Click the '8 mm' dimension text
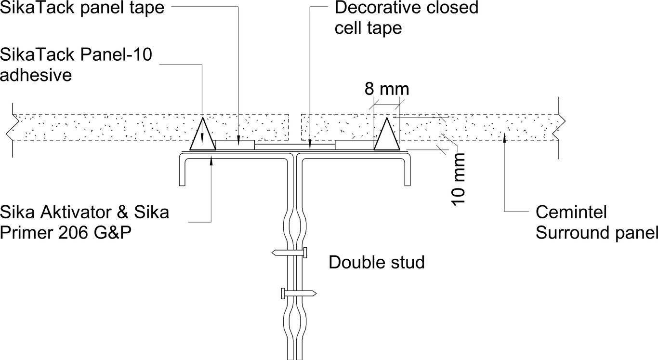tap(386, 90)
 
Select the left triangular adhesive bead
tap(202, 135)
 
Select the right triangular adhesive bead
tap(387, 135)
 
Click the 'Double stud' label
tap(377, 263)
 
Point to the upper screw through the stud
tap(290, 252)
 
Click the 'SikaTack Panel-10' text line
tap(76, 55)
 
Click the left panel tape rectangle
tap(235, 144)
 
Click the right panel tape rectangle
tap(355, 144)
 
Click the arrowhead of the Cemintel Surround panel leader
tap(504, 139)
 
